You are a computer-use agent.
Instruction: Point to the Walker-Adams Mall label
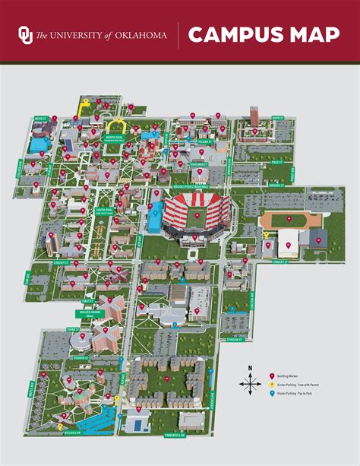[90, 312]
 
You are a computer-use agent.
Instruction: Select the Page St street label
[277, 162]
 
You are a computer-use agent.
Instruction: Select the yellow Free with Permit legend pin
[273, 385]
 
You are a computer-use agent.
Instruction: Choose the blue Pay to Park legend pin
[273, 394]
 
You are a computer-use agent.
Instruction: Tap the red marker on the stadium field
[197, 214]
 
